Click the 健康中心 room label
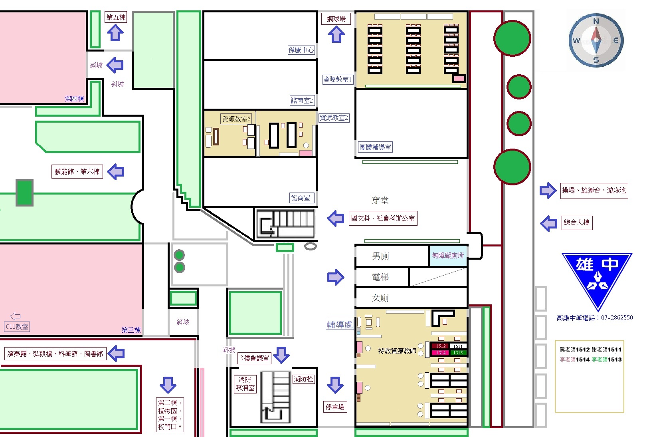pyautogui.click(x=301, y=50)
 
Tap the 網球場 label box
pyautogui.click(x=336, y=19)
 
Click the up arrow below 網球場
pyautogui.click(x=336, y=34)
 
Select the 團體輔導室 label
pyautogui.click(x=376, y=147)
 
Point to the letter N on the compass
pyautogui.click(x=596, y=21)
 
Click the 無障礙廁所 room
pyautogui.click(x=448, y=256)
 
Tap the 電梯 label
pyautogui.click(x=380, y=277)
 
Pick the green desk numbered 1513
pyautogui.click(x=458, y=353)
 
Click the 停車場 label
pyautogui.click(x=335, y=407)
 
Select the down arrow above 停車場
pyautogui.click(x=335, y=385)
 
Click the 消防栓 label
pyautogui.click(x=303, y=379)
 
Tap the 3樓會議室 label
pyautogui.click(x=254, y=358)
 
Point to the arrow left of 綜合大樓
pyautogui.click(x=548, y=224)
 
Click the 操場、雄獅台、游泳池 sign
pyautogui.click(x=594, y=191)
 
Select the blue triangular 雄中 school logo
pyautogui.click(x=597, y=280)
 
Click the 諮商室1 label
pyautogui.click(x=302, y=198)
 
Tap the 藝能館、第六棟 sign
pyautogui.click(x=77, y=171)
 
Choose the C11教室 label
pyautogui.click(x=17, y=327)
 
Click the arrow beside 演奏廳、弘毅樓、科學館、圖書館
pyautogui.click(x=116, y=353)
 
